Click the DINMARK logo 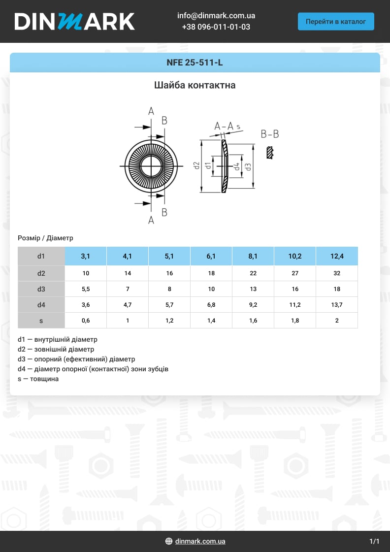[74, 21]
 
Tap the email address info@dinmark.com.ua [216, 16]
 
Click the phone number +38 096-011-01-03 [216, 27]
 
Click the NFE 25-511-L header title [195, 63]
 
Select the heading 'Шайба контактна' [195, 85]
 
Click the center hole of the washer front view [151, 166]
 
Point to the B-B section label [270, 134]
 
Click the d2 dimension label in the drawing [196, 166]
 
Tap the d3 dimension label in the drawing [248, 166]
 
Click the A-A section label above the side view [224, 127]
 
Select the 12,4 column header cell [337, 256]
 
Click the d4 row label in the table [41, 305]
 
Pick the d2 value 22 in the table [253, 273]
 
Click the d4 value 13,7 [337, 305]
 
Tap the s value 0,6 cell [86, 321]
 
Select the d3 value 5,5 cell [86, 289]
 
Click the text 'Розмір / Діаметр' [45, 238]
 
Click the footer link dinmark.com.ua [200, 541]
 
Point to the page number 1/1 [374, 541]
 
